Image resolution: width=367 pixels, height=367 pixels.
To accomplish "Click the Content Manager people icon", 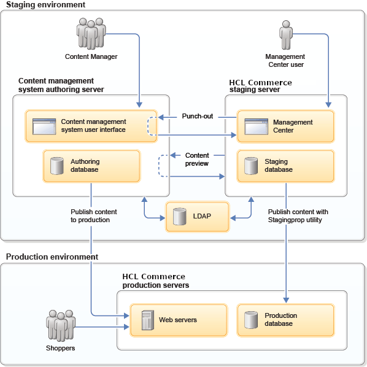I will (x=91, y=34).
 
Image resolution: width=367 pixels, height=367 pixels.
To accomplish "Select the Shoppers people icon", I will (x=61, y=326).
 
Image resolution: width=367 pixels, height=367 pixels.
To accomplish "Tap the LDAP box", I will (x=198, y=217).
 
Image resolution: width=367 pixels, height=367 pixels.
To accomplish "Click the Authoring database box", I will (x=91, y=166).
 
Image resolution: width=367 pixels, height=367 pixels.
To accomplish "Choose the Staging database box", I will (x=285, y=166).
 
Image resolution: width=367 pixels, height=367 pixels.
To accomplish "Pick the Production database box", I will (x=285, y=320).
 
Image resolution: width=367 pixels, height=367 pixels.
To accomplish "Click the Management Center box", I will (x=285, y=126).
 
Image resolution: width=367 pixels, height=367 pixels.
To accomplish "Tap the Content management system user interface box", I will (x=91, y=126).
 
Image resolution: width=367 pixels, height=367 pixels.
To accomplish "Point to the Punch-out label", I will (x=198, y=116).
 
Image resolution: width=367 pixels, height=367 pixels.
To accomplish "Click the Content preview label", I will (x=197, y=160).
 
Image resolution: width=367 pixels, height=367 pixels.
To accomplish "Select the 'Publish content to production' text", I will (x=94, y=216).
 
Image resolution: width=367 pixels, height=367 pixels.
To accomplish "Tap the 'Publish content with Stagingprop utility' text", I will (x=298, y=216).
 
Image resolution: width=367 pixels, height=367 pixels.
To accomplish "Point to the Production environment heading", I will (x=52, y=257).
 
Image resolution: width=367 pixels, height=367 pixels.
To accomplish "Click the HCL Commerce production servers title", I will (x=156, y=281).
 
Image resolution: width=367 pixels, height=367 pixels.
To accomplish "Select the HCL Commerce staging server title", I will (x=260, y=86).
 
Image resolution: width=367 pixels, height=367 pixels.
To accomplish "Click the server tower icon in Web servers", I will (x=147, y=320).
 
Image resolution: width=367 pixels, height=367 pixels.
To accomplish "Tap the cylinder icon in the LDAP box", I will (x=179, y=217).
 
